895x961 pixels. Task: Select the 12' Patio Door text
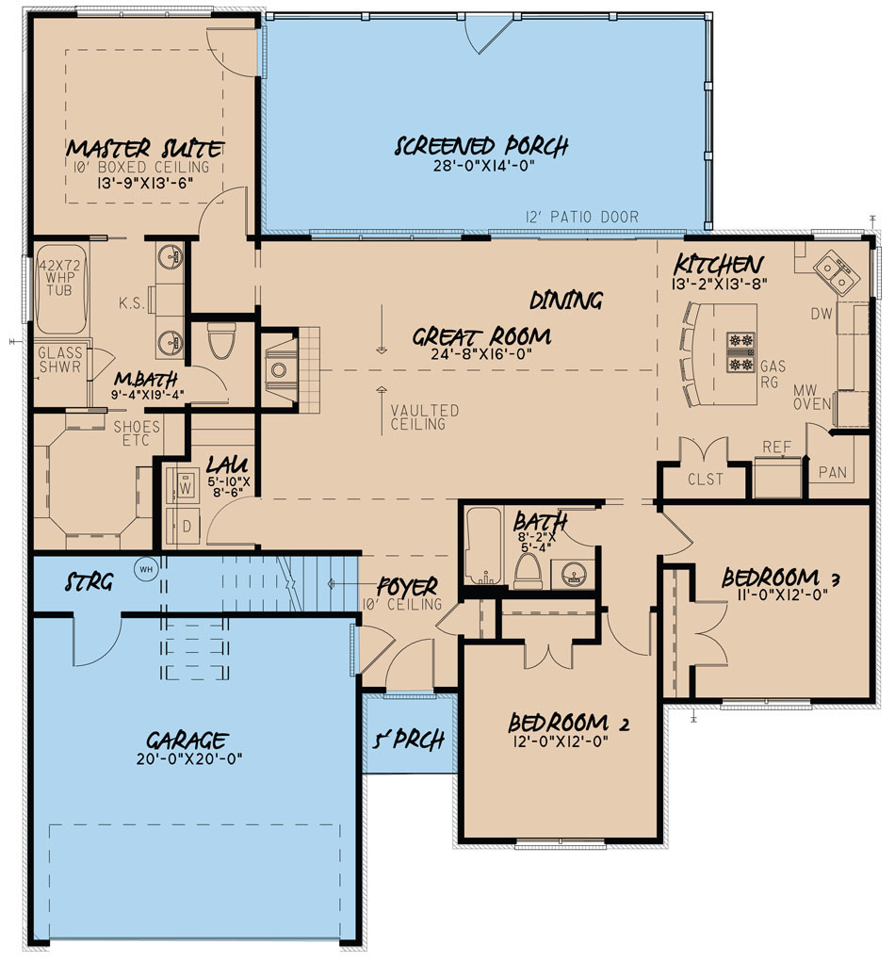click(581, 218)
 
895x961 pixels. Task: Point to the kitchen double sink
click(835, 273)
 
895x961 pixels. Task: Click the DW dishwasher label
click(822, 314)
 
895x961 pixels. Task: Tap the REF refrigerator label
click(776, 448)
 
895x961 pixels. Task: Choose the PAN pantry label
click(832, 472)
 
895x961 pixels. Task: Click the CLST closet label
click(705, 479)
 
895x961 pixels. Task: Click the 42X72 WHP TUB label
click(56, 281)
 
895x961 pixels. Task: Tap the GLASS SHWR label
click(58, 360)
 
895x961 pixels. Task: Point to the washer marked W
click(185, 488)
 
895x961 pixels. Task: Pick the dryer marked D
click(185, 526)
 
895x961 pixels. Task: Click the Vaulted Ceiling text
click(425, 417)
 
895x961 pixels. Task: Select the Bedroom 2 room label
click(568, 724)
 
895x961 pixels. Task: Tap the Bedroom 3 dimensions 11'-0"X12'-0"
click(781, 595)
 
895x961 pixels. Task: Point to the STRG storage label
click(89, 583)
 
